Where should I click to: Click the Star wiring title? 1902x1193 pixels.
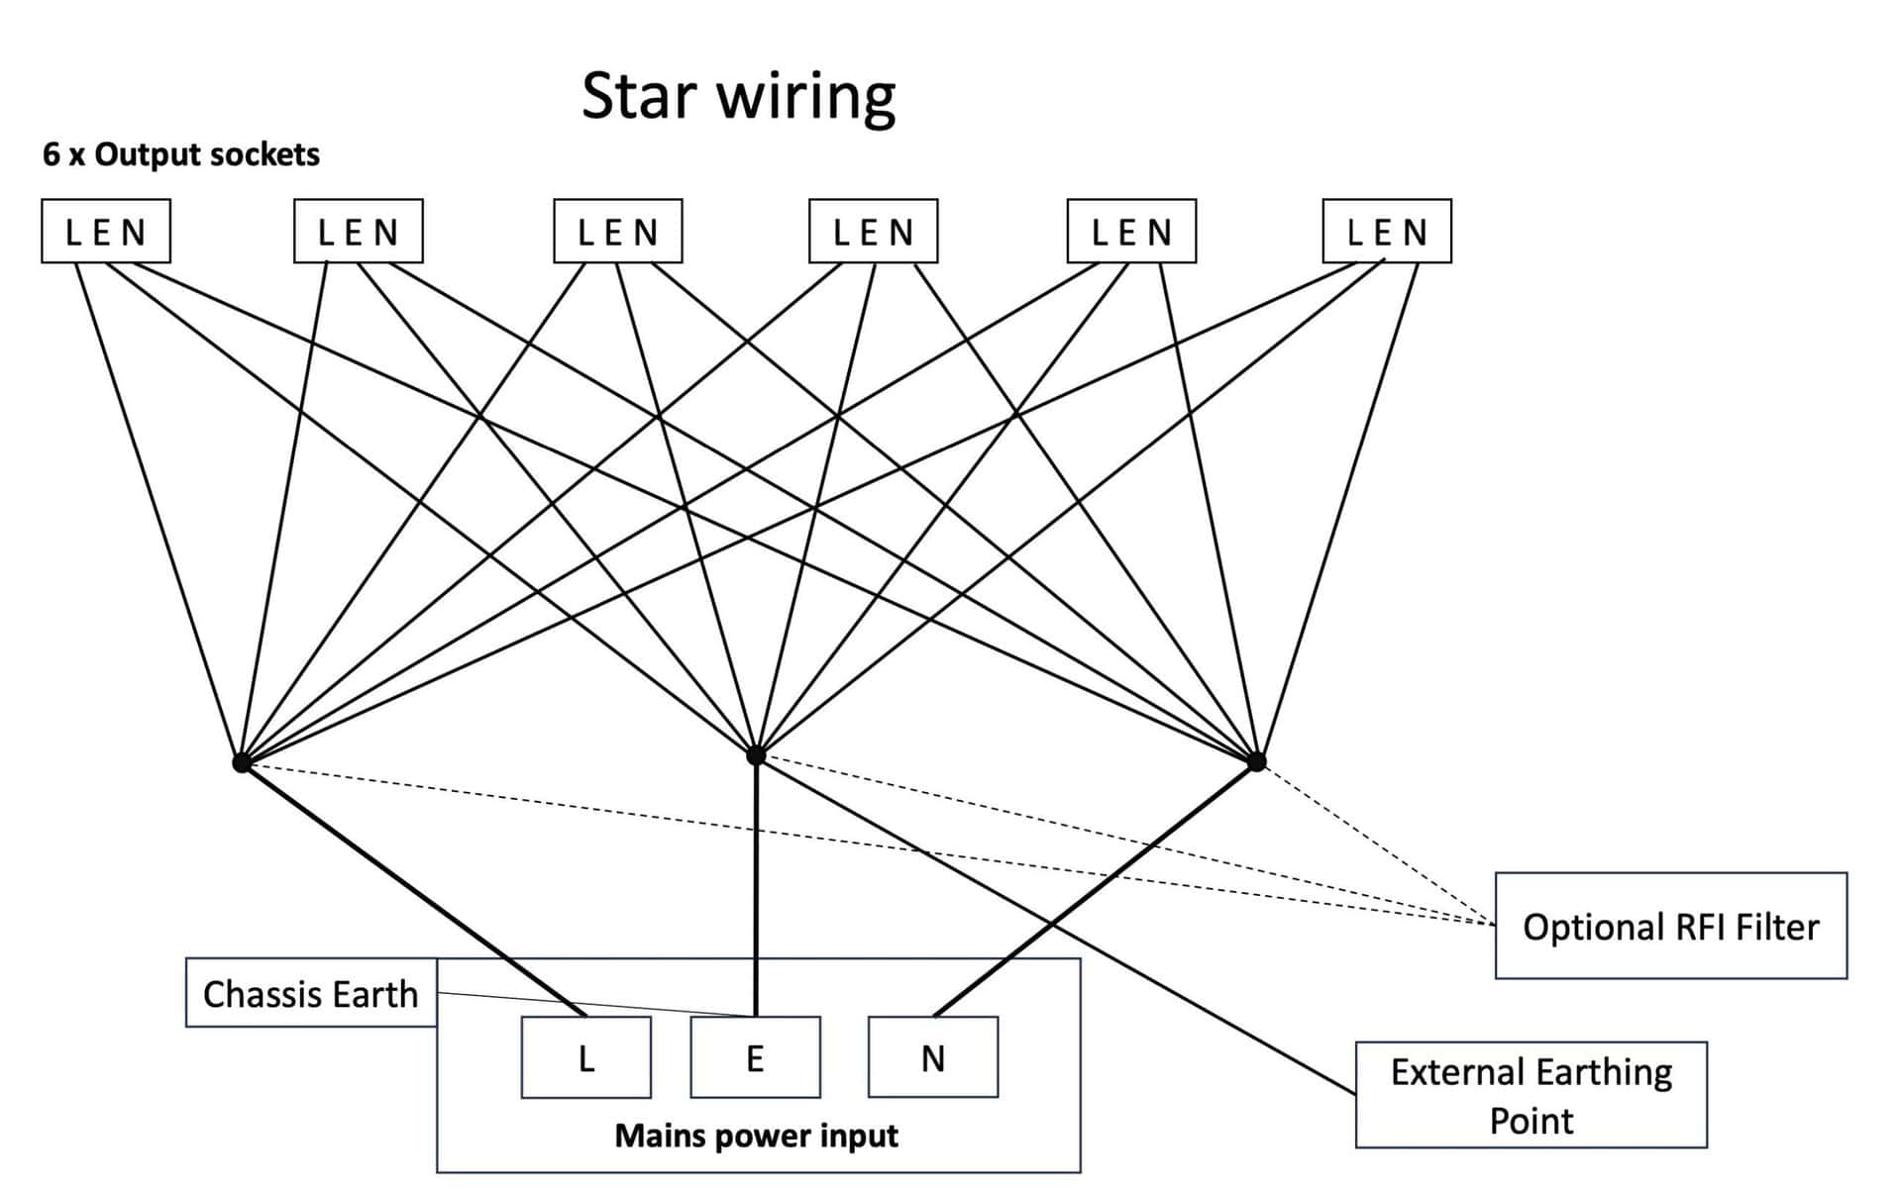click(738, 97)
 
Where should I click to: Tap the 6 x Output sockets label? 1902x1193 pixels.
click(181, 154)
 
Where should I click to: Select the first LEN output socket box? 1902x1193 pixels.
click(106, 232)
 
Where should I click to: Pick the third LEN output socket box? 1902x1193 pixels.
click(618, 232)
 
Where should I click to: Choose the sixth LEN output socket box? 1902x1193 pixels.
click(1387, 232)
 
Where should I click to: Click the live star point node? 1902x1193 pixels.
click(242, 762)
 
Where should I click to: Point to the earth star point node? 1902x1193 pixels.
click(756, 755)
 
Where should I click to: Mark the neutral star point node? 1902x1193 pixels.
click(1256, 761)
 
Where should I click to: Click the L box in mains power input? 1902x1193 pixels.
click(586, 1058)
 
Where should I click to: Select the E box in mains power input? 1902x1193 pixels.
click(755, 1058)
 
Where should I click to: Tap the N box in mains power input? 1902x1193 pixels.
click(933, 1058)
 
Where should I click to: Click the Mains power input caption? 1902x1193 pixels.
click(756, 1136)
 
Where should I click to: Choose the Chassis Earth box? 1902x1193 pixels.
click(311, 993)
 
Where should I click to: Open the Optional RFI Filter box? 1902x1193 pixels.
click(1671, 927)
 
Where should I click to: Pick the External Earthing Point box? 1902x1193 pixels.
click(1532, 1095)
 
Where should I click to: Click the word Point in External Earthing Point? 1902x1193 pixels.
click(1532, 1121)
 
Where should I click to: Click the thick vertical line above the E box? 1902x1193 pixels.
click(756, 891)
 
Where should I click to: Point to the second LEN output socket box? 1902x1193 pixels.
click(359, 232)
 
